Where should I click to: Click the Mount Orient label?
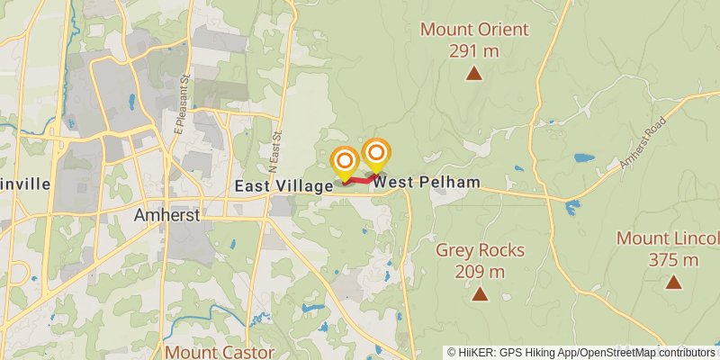[474, 30]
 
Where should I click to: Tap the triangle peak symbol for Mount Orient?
[474, 74]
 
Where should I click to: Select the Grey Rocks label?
[480, 250]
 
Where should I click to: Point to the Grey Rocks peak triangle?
[480, 293]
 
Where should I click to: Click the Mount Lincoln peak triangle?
[673, 282]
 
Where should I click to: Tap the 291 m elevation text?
[474, 50]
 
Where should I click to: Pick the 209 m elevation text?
[480, 271]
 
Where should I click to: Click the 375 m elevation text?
[673, 260]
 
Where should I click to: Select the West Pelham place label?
[427, 183]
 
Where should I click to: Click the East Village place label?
[283, 185]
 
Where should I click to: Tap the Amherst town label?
[166, 216]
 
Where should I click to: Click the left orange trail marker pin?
[345, 162]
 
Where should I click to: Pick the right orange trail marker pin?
[376, 153]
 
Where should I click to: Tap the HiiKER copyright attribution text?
[580, 353]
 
